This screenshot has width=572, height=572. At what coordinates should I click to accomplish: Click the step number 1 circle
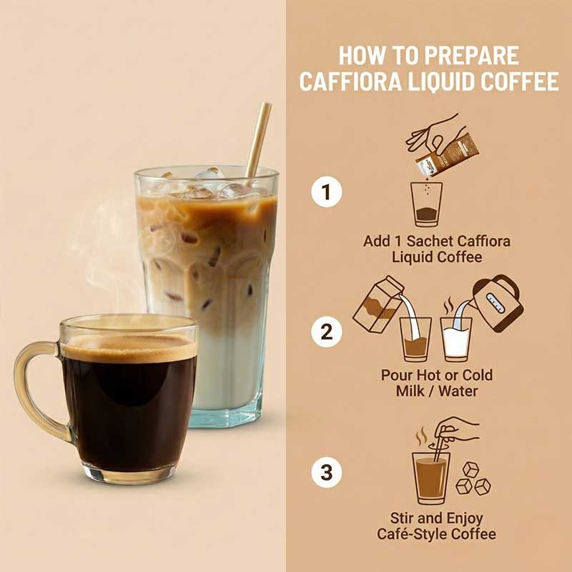(x=327, y=192)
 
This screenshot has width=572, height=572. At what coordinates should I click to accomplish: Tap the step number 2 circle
(x=327, y=332)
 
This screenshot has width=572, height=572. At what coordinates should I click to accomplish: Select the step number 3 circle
(x=327, y=472)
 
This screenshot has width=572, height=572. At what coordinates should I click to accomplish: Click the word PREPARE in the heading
(x=471, y=56)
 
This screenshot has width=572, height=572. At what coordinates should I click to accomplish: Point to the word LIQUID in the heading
(x=439, y=81)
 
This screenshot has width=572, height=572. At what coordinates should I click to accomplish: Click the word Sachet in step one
(x=430, y=241)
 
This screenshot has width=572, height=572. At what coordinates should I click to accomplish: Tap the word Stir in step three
(x=402, y=518)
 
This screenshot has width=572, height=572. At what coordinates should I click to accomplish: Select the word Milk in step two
(x=410, y=391)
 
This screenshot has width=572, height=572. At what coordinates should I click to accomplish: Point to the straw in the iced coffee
(x=259, y=139)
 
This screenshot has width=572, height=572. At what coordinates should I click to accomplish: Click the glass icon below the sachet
(x=426, y=204)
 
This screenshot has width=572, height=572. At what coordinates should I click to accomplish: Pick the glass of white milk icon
(x=455, y=340)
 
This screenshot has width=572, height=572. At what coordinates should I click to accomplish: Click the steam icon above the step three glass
(x=422, y=436)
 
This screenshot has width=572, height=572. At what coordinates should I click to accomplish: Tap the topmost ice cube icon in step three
(x=470, y=470)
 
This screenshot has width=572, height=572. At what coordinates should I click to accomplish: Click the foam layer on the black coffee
(x=129, y=347)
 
